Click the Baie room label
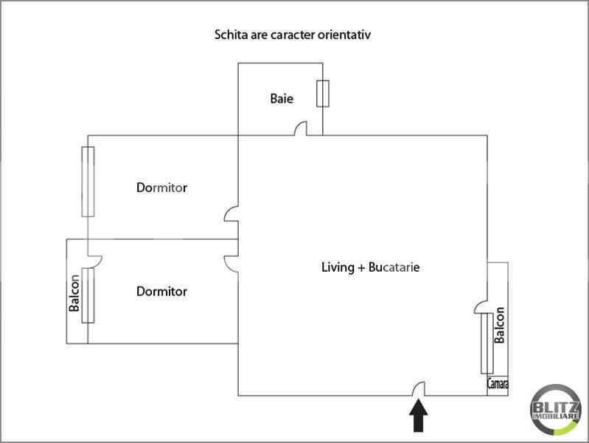[x=282, y=98]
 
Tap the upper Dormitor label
[x=161, y=188]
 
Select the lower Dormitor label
[x=161, y=292]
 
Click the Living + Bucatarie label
[x=370, y=267]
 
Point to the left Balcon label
[x=74, y=293]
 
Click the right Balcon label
[x=500, y=326]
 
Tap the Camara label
[x=498, y=384]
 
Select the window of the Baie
[x=322, y=94]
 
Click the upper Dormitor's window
[x=88, y=181]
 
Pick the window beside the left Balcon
[x=88, y=295]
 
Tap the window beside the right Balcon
[x=487, y=344]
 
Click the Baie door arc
[x=301, y=129]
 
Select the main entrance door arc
[x=418, y=388]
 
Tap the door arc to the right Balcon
[x=481, y=306]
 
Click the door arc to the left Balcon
[x=94, y=259]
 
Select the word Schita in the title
[x=229, y=35]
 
